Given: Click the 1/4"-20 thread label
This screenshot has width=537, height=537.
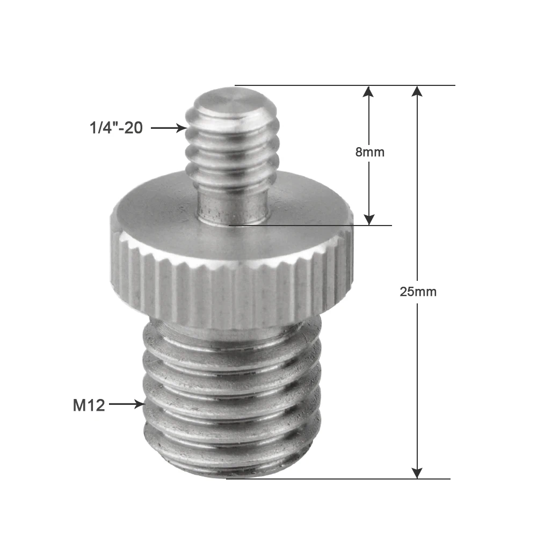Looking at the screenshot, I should tap(116, 128).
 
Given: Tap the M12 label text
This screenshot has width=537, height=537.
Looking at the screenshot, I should tap(89, 405).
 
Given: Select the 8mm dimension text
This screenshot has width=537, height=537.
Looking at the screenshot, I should tap(369, 151).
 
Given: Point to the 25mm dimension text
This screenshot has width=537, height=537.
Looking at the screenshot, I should tap(418, 292).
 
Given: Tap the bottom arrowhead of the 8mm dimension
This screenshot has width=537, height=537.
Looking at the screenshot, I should tap(368, 219).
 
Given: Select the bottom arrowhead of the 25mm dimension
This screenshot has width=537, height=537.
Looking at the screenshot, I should tap(417, 473).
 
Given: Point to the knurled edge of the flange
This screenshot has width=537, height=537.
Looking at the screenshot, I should tap(231, 290).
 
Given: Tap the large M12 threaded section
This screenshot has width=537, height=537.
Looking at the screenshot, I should tap(231, 397).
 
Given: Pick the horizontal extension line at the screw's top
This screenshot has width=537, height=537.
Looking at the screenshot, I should tap(344, 85).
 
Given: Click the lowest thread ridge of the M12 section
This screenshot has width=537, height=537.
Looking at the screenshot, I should tap(231, 462).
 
